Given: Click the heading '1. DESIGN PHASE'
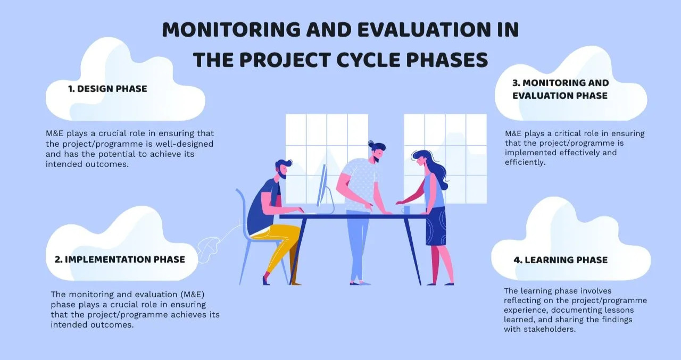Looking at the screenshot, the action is (x=107, y=89).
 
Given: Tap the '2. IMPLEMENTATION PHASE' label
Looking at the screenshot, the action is (x=120, y=259).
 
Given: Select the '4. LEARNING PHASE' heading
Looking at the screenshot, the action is (x=561, y=260).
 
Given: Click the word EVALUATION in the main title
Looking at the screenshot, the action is (x=424, y=30).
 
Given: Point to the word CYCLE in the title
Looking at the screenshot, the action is (x=369, y=60).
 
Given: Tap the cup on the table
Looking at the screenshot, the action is (x=406, y=210).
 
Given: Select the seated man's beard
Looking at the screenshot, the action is (x=283, y=174).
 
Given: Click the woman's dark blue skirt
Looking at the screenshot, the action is (x=436, y=227).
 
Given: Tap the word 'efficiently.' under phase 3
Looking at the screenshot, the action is (x=525, y=162).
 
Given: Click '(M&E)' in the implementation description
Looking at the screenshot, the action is (x=192, y=295).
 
